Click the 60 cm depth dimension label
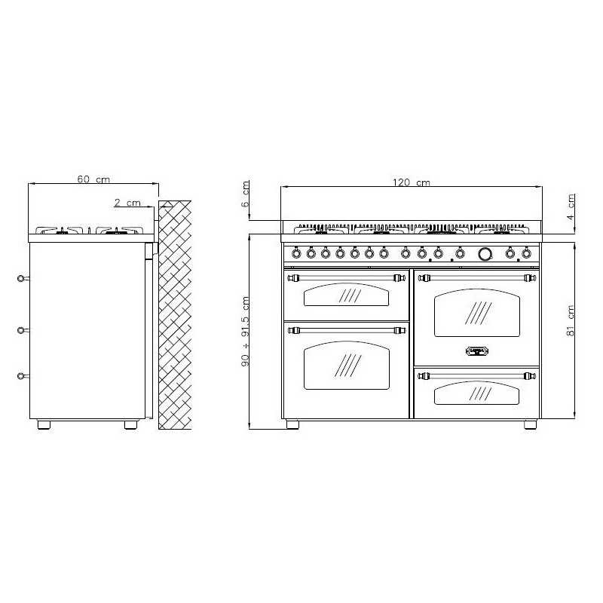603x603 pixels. tap(93, 179)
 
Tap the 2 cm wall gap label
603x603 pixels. tap(127, 202)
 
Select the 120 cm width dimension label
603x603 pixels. tap(411, 182)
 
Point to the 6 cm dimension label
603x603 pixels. tap(245, 194)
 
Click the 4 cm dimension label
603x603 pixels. tap(571, 207)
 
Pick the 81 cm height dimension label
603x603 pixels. tap(570, 321)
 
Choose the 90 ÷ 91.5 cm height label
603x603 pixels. tap(245, 331)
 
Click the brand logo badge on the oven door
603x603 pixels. tap(477, 351)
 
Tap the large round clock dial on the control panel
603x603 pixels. tap(485, 253)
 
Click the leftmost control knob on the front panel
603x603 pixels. tap(296, 253)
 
